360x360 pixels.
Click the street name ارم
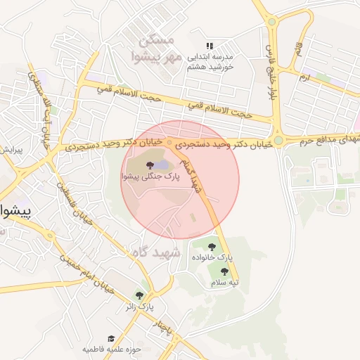click(x=304, y=74)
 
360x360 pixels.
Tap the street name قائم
click(x=298, y=49)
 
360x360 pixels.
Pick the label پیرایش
click(x=11, y=150)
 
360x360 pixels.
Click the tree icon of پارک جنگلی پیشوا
click(x=149, y=166)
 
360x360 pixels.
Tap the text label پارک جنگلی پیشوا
click(x=148, y=178)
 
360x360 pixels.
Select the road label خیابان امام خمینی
click(x=79, y=268)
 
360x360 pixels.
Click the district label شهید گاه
click(x=156, y=252)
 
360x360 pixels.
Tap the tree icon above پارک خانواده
click(x=212, y=247)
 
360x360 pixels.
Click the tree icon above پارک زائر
click(x=139, y=295)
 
